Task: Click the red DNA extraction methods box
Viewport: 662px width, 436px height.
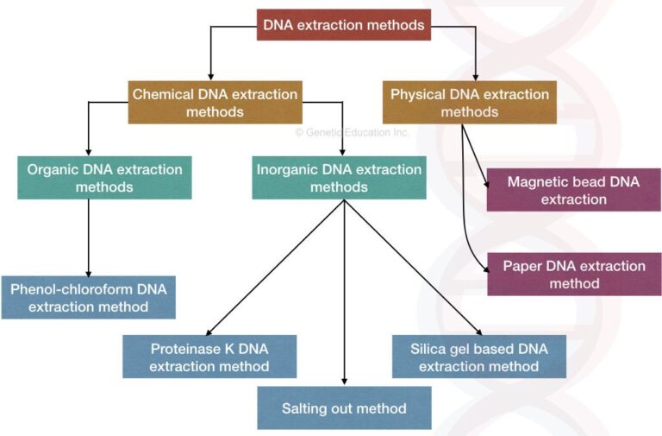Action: click(343, 25)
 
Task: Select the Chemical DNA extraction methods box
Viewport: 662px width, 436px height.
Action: click(215, 103)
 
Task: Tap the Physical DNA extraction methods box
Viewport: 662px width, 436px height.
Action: click(469, 103)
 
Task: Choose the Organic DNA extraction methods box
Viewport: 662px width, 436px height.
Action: click(104, 178)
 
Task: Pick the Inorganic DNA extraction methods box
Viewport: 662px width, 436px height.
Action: click(339, 178)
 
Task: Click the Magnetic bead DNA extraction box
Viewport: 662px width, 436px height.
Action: click(573, 191)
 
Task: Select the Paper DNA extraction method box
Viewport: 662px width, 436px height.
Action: click(573, 275)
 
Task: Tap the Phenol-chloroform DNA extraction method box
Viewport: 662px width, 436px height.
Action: click(89, 297)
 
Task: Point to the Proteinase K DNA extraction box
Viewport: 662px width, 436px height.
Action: click(209, 357)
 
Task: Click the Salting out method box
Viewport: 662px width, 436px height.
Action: click(344, 408)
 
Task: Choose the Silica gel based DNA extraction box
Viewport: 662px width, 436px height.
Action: click(479, 357)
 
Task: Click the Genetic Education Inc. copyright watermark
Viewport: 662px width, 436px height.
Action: click(352, 133)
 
